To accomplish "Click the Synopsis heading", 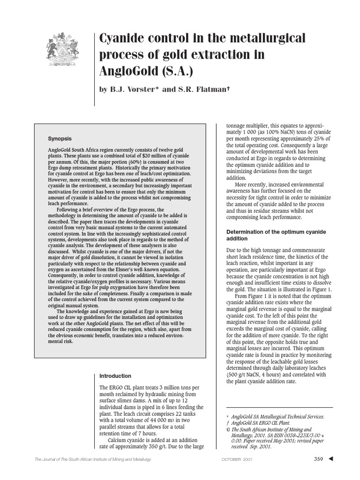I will coord(60,139).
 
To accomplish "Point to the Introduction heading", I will coord(115,376).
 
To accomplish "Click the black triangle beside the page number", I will coord(331,459).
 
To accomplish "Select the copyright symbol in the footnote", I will coord(228,429).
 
